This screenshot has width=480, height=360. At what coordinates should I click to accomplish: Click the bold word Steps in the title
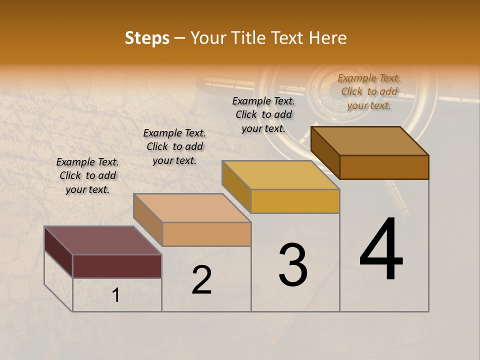click(x=147, y=38)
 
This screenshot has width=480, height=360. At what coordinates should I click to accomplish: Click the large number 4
click(x=381, y=249)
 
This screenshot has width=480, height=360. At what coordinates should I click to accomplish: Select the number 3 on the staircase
click(x=293, y=265)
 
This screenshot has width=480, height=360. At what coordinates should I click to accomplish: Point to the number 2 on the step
click(x=202, y=280)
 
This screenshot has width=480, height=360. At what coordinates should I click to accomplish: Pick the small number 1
click(x=116, y=295)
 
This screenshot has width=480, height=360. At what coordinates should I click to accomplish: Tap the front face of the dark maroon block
click(x=117, y=266)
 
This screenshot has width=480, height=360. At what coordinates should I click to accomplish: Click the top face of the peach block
click(x=192, y=207)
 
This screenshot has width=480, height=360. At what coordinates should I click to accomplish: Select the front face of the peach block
click(x=206, y=234)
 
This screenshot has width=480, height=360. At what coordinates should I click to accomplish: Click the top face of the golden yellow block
click(x=280, y=175)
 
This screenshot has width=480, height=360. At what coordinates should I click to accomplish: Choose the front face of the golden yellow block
click(x=295, y=201)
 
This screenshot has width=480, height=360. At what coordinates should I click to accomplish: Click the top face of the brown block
click(x=370, y=140)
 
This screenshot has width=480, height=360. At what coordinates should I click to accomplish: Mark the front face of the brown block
click(x=384, y=167)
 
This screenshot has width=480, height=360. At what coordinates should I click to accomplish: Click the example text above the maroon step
click(x=87, y=175)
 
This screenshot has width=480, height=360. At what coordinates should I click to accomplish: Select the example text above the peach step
click(x=174, y=146)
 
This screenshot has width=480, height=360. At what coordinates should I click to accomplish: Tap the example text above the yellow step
click(x=263, y=114)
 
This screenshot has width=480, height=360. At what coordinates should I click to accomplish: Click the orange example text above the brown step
click(x=369, y=91)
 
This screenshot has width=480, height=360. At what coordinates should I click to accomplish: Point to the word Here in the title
click(x=328, y=38)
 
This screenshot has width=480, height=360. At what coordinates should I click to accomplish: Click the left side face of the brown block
click(x=325, y=152)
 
